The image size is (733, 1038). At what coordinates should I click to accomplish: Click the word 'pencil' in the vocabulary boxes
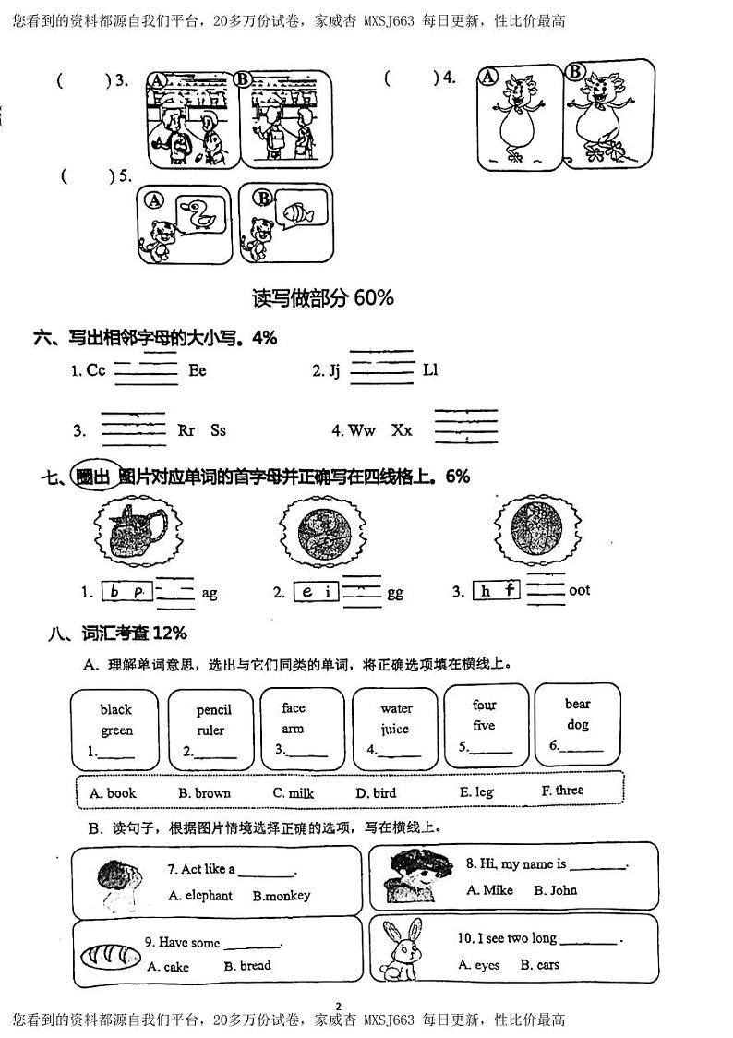pos(213,709)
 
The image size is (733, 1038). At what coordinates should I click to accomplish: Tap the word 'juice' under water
pos(396,729)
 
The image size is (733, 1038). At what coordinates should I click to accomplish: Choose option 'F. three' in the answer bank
pos(562,791)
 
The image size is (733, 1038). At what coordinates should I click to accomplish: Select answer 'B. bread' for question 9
pos(247,965)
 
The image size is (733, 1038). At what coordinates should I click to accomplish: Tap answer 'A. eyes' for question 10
pos(479,964)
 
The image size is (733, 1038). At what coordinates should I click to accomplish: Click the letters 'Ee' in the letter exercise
pos(198,370)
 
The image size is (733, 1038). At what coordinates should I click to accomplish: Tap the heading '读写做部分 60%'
pos(323,297)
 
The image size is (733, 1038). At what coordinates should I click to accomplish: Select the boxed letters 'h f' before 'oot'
pos(498,591)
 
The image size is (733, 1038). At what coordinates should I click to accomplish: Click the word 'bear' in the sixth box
pos(578,704)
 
